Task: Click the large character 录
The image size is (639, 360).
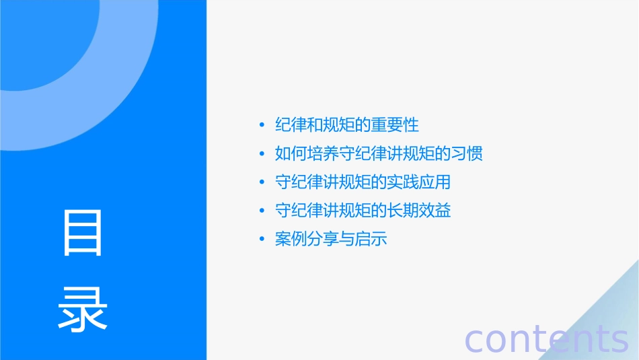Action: point(82,310)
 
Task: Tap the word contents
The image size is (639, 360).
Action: point(546,339)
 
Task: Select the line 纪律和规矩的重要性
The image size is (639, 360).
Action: point(347,124)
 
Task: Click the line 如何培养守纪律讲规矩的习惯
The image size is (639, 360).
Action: point(379,153)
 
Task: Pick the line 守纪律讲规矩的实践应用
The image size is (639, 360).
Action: point(363,182)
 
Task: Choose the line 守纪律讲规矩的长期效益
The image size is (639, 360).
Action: point(363,211)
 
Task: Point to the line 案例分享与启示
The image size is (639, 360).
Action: point(331,239)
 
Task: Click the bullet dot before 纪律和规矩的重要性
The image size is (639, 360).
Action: point(262,125)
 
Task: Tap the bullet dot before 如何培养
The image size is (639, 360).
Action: point(262,154)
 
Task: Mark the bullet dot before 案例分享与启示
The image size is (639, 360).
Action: point(262,240)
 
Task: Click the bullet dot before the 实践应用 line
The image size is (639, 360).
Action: point(262,182)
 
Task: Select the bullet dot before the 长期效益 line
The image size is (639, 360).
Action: point(262,211)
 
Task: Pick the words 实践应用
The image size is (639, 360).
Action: point(418,182)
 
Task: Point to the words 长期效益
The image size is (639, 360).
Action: point(418,211)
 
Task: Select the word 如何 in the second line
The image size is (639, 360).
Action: point(291,153)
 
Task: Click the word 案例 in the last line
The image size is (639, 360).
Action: point(291,239)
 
